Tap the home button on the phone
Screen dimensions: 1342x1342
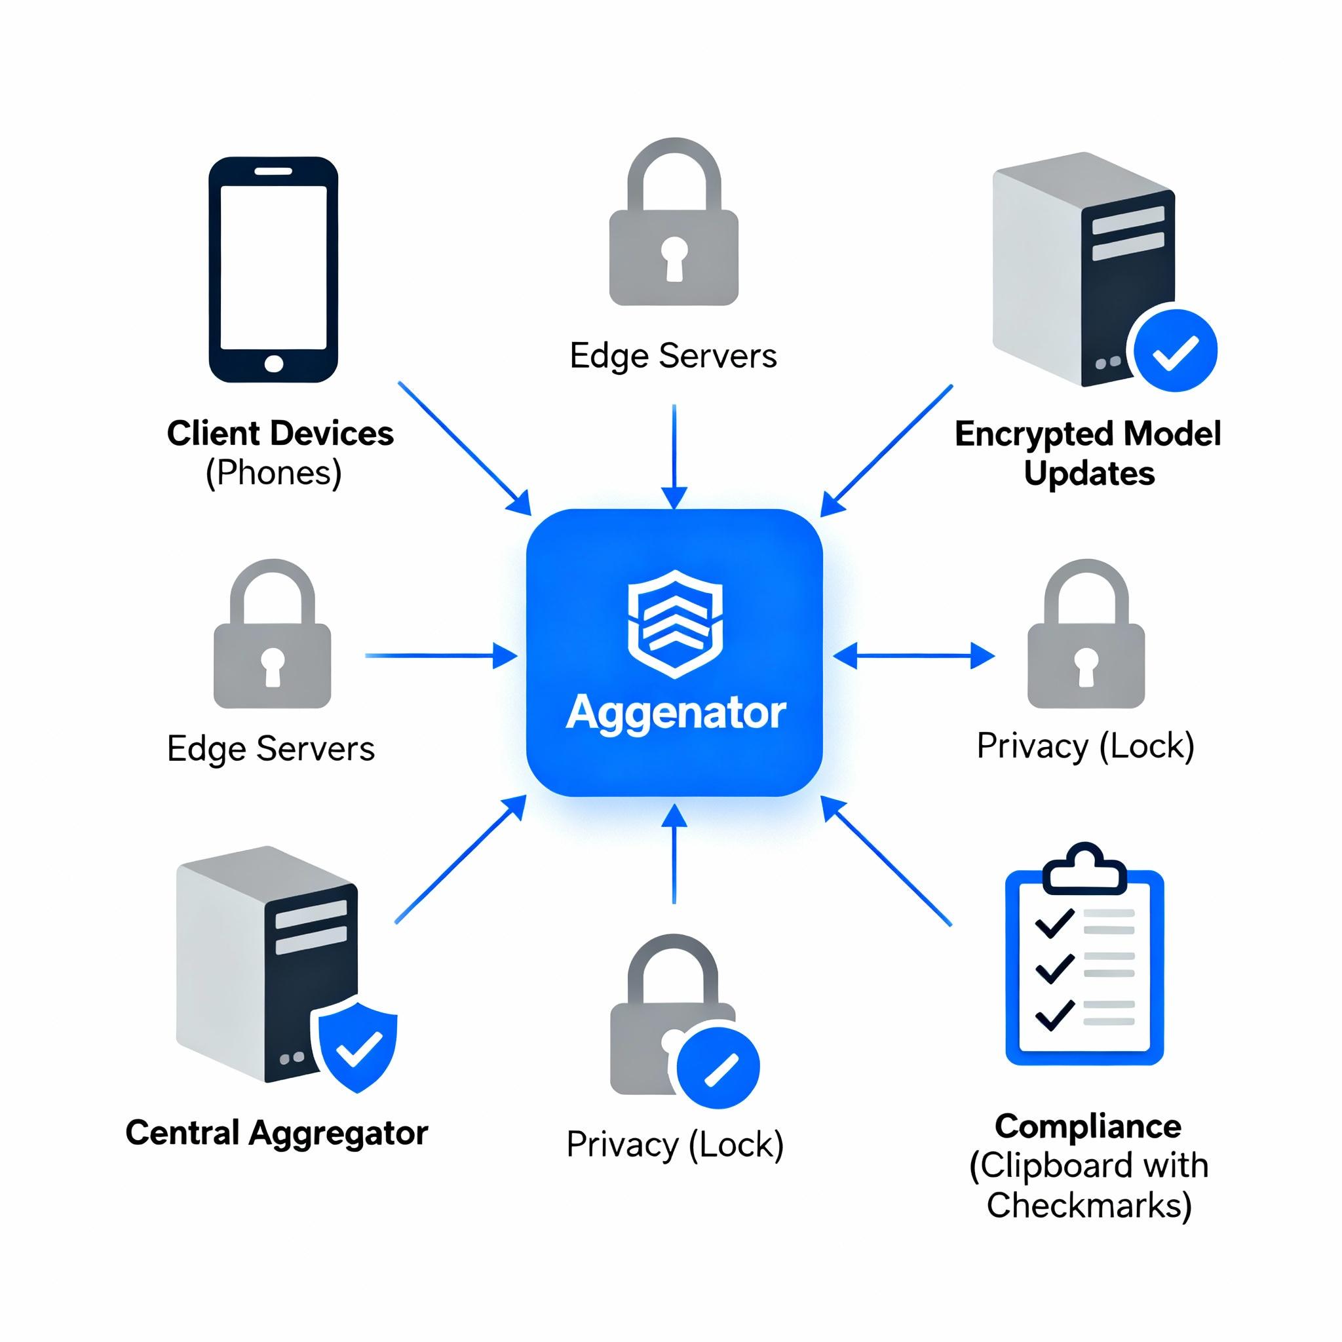click(274, 363)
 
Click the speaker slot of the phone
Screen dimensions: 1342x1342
click(273, 171)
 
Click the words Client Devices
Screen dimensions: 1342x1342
click(280, 433)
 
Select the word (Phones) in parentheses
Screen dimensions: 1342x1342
click(274, 474)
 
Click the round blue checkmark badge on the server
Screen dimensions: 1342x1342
click(1176, 350)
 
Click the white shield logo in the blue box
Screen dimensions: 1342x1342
click(674, 623)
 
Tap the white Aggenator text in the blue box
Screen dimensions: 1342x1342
click(675, 714)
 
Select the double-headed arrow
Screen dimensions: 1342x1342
click(913, 655)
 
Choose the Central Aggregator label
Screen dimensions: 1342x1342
click(277, 1133)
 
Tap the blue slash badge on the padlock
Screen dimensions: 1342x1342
click(718, 1066)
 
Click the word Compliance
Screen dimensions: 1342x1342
click(1088, 1126)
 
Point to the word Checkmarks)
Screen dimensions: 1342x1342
click(1088, 1205)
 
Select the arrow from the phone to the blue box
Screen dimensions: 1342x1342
click(464, 448)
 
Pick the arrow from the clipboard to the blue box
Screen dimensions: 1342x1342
click(887, 861)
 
